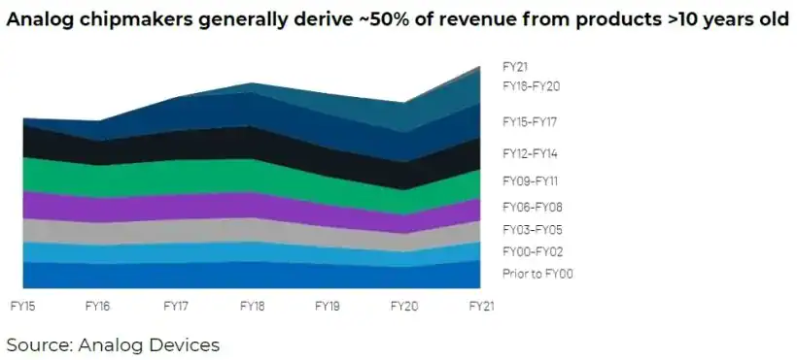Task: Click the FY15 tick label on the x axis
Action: pyautogui.click(x=22, y=305)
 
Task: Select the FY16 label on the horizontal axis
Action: pyautogui.click(x=98, y=305)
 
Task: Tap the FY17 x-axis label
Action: pyautogui.click(x=175, y=305)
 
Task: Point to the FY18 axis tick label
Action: pyautogui.click(x=252, y=305)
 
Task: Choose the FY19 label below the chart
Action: pyautogui.click(x=328, y=305)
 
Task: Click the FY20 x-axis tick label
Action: pyautogui.click(x=404, y=305)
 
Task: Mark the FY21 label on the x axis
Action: pyautogui.click(x=481, y=305)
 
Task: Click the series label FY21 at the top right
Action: pyautogui.click(x=515, y=67)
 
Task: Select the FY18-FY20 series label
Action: pyautogui.click(x=531, y=86)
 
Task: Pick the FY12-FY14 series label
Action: pyautogui.click(x=530, y=153)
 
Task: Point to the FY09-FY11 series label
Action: pyautogui.click(x=530, y=180)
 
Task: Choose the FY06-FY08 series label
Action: pyautogui.click(x=532, y=207)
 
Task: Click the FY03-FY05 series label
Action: pyautogui.click(x=532, y=230)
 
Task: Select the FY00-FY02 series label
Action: pyautogui.click(x=532, y=252)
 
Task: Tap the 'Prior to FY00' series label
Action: pyautogui.click(x=537, y=274)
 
